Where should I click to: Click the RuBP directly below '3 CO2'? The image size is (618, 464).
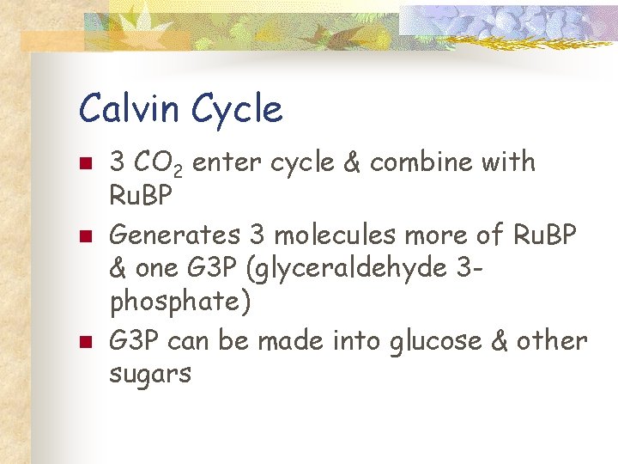(x=142, y=197)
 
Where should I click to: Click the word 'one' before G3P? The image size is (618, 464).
(x=159, y=269)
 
